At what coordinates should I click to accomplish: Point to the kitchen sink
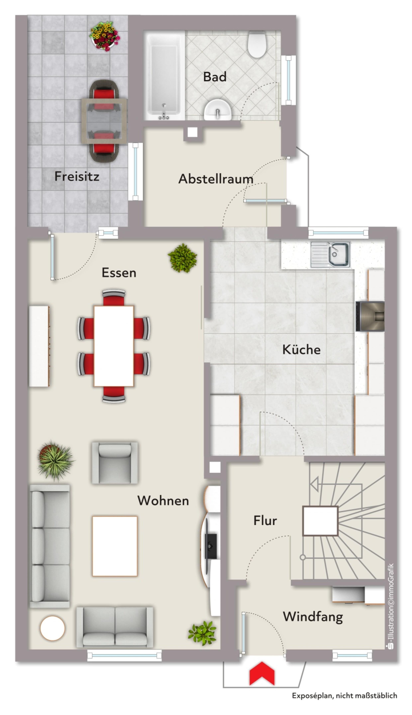tap(330, 254)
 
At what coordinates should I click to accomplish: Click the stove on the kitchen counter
tap(370, 316)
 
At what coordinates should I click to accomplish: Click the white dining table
tap(114, 346)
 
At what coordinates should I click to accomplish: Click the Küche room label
tap(301, 349)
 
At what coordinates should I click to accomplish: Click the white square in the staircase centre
tap(320, 521)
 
